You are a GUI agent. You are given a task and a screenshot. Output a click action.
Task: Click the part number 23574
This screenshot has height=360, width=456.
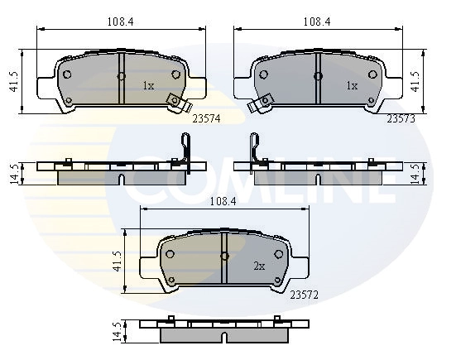point(206,118)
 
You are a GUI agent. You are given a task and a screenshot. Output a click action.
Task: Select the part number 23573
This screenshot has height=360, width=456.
point(401,118)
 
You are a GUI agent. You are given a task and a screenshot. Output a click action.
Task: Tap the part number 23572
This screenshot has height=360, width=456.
point(305,295)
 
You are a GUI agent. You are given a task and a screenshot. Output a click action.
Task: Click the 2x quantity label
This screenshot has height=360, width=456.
point(259,266)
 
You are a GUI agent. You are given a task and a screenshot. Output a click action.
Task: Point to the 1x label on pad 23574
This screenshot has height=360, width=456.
point(148,86)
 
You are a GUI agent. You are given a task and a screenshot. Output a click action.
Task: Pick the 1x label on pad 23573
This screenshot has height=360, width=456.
point(352,86)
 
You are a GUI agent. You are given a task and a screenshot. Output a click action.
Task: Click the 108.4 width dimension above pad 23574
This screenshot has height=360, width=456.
point(120,22)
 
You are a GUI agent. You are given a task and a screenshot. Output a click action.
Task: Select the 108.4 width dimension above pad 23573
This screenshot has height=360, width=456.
point(317,22)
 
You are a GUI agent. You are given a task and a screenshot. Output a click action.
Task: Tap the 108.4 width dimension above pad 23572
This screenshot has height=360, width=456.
point(223,201)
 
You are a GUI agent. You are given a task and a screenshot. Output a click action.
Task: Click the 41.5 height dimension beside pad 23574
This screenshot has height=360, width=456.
point(14,82)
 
